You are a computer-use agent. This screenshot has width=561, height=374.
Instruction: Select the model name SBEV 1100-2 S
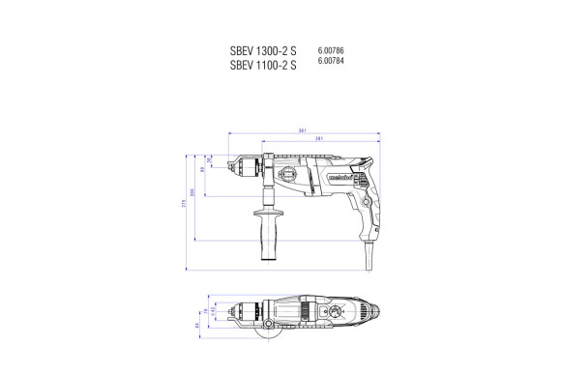pyautogui.click(x=263, y=66)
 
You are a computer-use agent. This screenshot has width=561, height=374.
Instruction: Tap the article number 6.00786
pyautogui.click(x=332, y=49)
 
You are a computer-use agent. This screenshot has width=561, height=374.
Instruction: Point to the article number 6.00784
pyautogui.click(x=332, y=61)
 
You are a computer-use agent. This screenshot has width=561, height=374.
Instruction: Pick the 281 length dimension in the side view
pyautogui.click(x=319, y=141)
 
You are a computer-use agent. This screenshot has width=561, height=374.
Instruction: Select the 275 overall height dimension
pyautogui.click(x=183, y=206)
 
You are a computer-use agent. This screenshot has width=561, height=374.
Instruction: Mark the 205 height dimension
pyautogui.click(x=192, y=194)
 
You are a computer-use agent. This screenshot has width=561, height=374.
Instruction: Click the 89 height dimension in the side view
pyautogui.click(x=202, y=170)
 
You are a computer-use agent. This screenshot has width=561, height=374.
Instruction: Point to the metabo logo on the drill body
pyautogui.click(x=326, y=178)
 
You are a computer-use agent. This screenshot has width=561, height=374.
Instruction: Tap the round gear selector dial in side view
pyautogui.click(x=290, y=175)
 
